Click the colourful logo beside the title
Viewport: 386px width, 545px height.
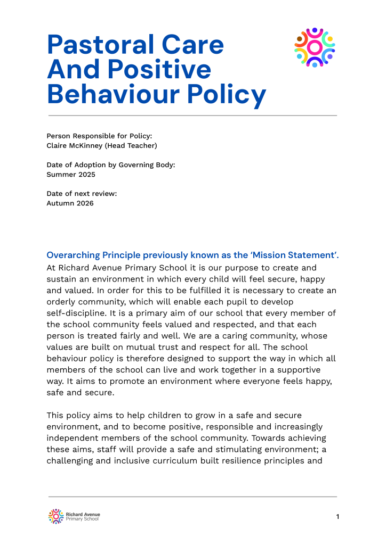click(315, 47)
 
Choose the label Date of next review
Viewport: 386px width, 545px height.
click(82, 194)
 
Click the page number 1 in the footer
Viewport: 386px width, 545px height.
click(337, 517)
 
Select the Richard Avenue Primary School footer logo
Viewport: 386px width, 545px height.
click(74, 516)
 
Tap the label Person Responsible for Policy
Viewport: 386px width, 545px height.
click(99, 136)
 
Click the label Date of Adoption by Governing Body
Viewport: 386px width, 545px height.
click(111, 165)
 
